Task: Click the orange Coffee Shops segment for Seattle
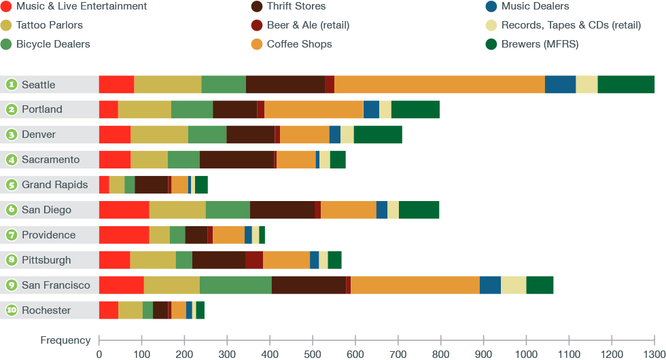pyautogui.click(x=439, y=85)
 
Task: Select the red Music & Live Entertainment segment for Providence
pyautogui.click(x=124, y=235)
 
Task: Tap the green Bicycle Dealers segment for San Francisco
pyautogui.click(x=235, y=285)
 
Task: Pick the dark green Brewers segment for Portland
pyautogui.click(x=415, y=110)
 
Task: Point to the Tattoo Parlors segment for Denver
pyautogui.click(x=159, y=135)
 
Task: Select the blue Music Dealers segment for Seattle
pyautogui.click(x=560, y=85)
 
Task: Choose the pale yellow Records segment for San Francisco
pyautogui.click(x=513, y=285)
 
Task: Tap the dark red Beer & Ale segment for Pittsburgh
pyautogui.click(x=254, y=260)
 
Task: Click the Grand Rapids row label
pyautogui.click(x=54, y=185)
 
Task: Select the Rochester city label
pyautogui.click(x=46, y=310)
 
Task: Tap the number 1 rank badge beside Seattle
pyautogui.click(x=12, y=85)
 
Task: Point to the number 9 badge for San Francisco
pyautogui.click(x=12, y=285)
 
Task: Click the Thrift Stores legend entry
pyautogui.click(x=296, y=6)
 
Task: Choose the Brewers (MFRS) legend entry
pyautogui.click(x=540, y=44)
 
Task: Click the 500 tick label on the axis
pyautogui.click(x=313, y=354)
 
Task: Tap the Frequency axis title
pyautogui.click(x=65, y=340)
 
